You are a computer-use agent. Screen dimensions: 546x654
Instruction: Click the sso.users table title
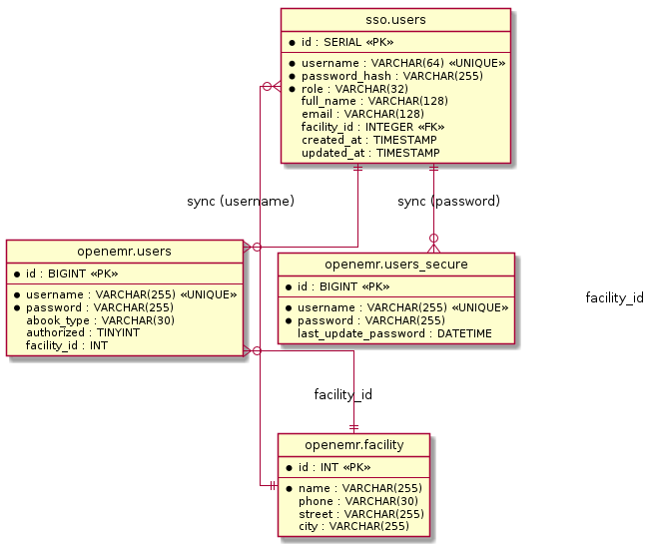pyautogui.click(x=395, y=20)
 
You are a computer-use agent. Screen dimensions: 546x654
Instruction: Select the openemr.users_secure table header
pyautogui.click(x=396, y=264)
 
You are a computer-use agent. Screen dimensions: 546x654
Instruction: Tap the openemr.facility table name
pyautogui.click(x=353, y=444)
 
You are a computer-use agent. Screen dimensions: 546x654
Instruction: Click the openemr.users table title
pyautogui.click(x=125, y=251)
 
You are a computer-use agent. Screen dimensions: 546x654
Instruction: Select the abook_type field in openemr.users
pyautogui.click(x=100, y=320)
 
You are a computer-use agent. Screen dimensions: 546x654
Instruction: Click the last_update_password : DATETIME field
pyautogui.click(x=393, y=333)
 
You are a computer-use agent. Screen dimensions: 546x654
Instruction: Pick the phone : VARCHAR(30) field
pyautogui.click(x=358, y=501)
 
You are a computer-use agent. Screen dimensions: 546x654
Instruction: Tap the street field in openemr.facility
pyautogui.click(x=361, y=514)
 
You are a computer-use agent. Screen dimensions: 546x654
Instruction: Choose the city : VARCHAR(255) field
pyautogui.click(x=353, y=527)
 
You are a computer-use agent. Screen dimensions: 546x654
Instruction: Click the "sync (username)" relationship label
pyautogui.click(x=241, y=202)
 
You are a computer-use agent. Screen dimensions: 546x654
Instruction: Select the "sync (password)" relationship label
pyautogui.click(x=448, y=202)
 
